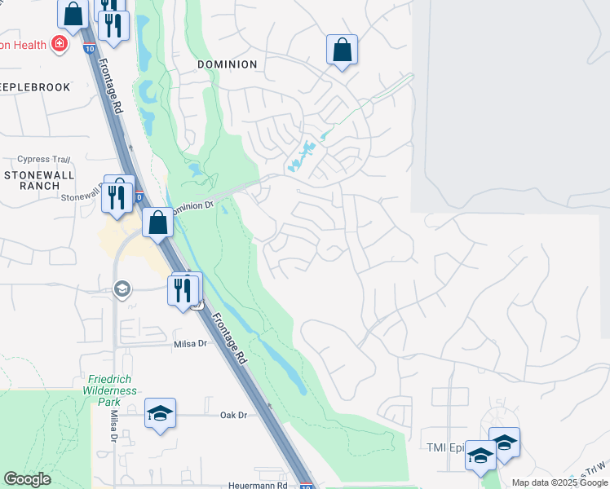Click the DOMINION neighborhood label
[x=227, y=64]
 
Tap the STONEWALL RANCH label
[x=39, y=180]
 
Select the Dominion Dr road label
[x=191, y=206]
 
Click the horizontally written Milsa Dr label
[x=188, y=344]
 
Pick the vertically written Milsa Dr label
[x=113, y=425]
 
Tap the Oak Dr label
[x=233, y=415]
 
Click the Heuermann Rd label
[x=259, y=485]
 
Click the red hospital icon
[x=58, y=44]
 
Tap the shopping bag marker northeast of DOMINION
[x=343, y=50]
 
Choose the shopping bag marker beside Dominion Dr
[x=157, y=222]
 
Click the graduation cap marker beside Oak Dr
[x=161, y=414]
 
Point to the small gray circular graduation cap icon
[x=122, y=288]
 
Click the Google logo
[x=28, y=479]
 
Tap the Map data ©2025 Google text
[x=559, y=482]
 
